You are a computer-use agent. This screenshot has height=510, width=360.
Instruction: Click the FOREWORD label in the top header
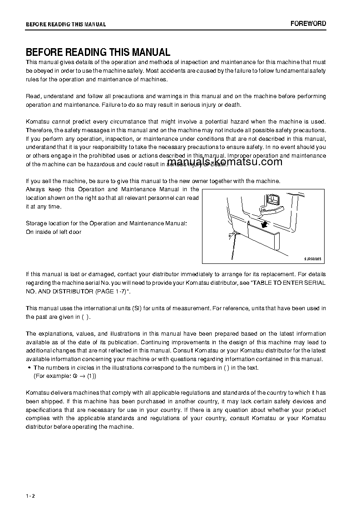(x=308, y=24)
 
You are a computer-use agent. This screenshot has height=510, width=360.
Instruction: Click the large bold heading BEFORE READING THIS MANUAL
(x=98, y=52)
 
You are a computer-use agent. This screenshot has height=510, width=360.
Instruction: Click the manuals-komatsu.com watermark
(x=225, y=162)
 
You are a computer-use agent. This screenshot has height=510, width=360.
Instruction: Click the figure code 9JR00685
(x=312, y=258)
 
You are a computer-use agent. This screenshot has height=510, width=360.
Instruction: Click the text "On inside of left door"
(x=54, y=232)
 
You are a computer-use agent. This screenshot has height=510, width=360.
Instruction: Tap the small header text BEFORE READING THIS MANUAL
(x=66, y=25)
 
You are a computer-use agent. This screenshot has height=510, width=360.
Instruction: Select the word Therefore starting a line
(x=39, y=130)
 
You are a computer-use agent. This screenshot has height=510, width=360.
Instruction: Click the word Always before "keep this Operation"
(x=35, y=189)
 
